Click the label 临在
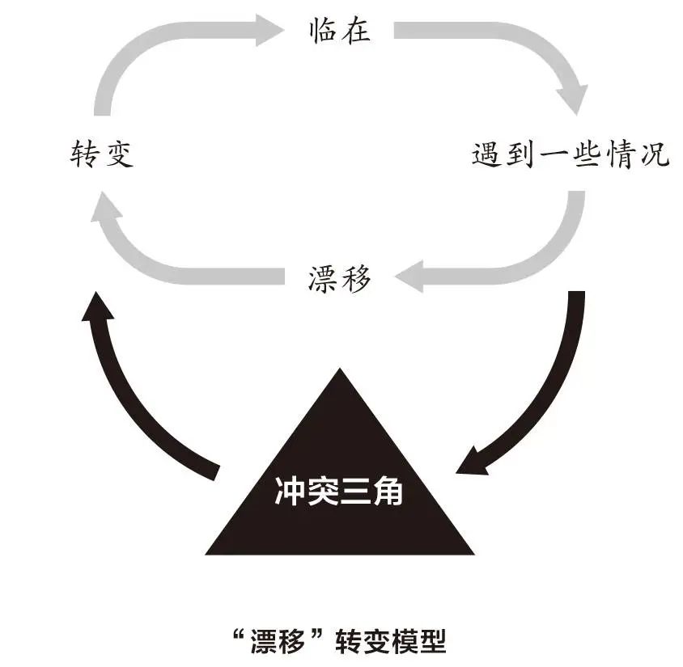click(x=339, y=30)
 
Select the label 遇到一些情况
click(x=571, y=154)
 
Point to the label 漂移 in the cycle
click(x=339, y=279)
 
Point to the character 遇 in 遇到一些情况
click(x=486, y=154)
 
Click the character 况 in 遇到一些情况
click(x=655, y=154)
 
